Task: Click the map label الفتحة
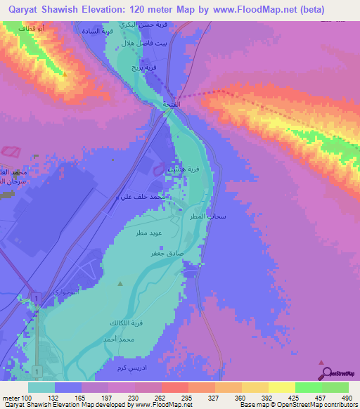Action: [170, 104]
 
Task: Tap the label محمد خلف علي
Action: [143, 197]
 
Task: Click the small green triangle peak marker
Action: [120, 284]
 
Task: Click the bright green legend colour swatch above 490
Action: [335, 387]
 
